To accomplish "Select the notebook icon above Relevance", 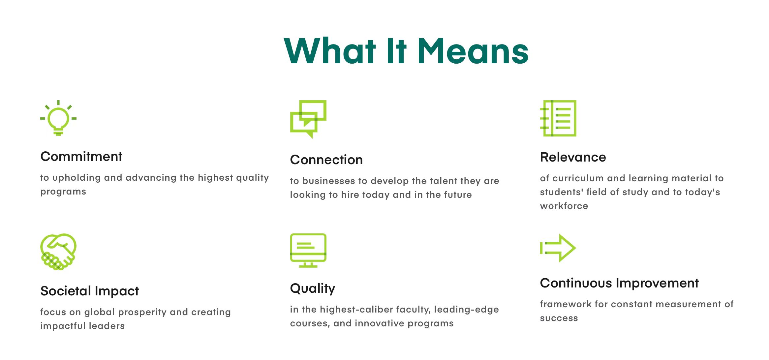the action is point(558,118).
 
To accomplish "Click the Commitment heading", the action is point(81,156).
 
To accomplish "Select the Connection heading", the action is point(326,160).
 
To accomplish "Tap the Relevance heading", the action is point(573,157).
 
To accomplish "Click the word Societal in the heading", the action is point(66,291).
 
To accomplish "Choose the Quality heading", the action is point(313,288).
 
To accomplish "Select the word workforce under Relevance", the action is point(564,206).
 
